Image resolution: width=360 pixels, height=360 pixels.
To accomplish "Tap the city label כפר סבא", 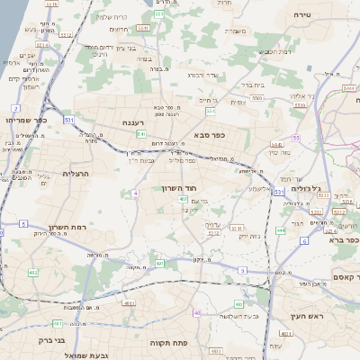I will tap(209, 134).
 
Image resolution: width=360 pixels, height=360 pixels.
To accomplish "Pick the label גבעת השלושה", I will tap(239, 316).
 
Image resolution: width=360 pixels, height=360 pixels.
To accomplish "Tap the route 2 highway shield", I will tap(16, 108).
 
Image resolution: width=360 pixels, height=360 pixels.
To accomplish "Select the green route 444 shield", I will tap(280, 231).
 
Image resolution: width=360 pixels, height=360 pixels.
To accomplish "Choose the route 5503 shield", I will tap(257, 96).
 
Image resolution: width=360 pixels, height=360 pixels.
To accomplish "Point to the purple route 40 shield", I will tap(196, 312).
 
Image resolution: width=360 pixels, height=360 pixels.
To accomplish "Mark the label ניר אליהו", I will tap(299, 95).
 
